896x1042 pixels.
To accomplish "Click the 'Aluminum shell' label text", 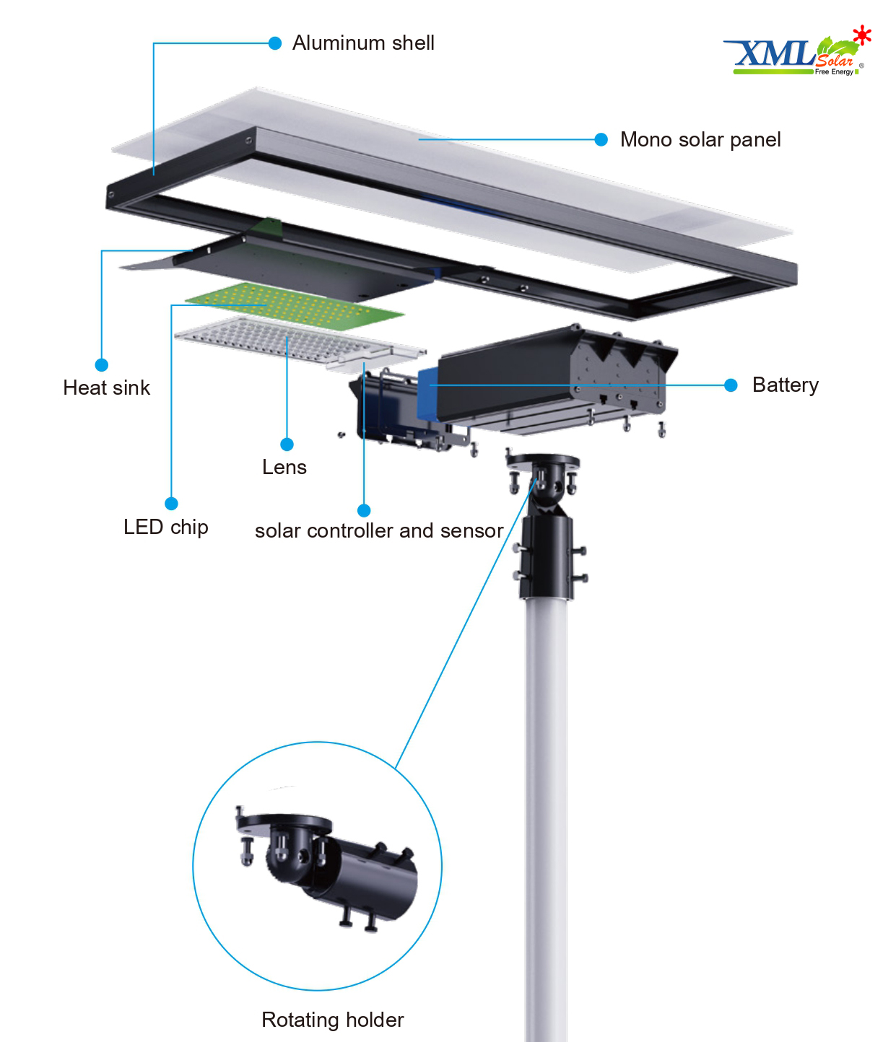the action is (x=362, y=43).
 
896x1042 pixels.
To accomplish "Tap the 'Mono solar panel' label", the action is (x=700, y=140).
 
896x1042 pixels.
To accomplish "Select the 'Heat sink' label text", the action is (x=106, y=388).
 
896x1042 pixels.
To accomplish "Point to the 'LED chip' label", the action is (x=166, y=527).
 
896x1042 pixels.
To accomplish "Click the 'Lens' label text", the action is (x=284, y=468).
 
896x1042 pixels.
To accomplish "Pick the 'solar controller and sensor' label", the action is (x=379, y=530).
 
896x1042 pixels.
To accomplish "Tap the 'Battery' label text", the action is (x=786, y=385).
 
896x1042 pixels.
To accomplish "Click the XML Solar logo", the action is (x=798, y=52).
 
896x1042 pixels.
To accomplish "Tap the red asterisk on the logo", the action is (x=862, y=35).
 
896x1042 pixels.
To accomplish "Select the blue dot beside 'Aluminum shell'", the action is (x=275, y=43).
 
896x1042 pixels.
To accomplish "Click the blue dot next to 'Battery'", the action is (x=731, y=385).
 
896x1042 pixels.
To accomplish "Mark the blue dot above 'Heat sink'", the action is (x=102, y=365).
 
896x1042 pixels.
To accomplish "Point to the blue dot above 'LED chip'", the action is (x=172, y=504).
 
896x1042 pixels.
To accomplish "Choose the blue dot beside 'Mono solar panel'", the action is (x=601, y=140).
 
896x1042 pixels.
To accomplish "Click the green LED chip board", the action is (x=295, y=305).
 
